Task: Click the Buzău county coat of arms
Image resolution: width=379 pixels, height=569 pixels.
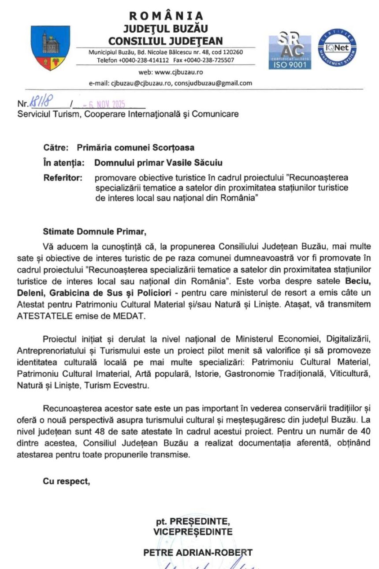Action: point(50,48)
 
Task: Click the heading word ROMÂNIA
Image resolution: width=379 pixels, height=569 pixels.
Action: point(166,16)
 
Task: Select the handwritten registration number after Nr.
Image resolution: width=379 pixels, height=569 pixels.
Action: point(41,103)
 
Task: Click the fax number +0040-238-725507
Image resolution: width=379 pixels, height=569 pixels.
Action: point(209,60)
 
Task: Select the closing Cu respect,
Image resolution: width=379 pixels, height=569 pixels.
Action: point(66,481)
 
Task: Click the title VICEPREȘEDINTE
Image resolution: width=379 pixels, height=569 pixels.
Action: point(193,532)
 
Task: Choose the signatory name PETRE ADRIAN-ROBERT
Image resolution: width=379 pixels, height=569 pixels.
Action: point(198,552)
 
